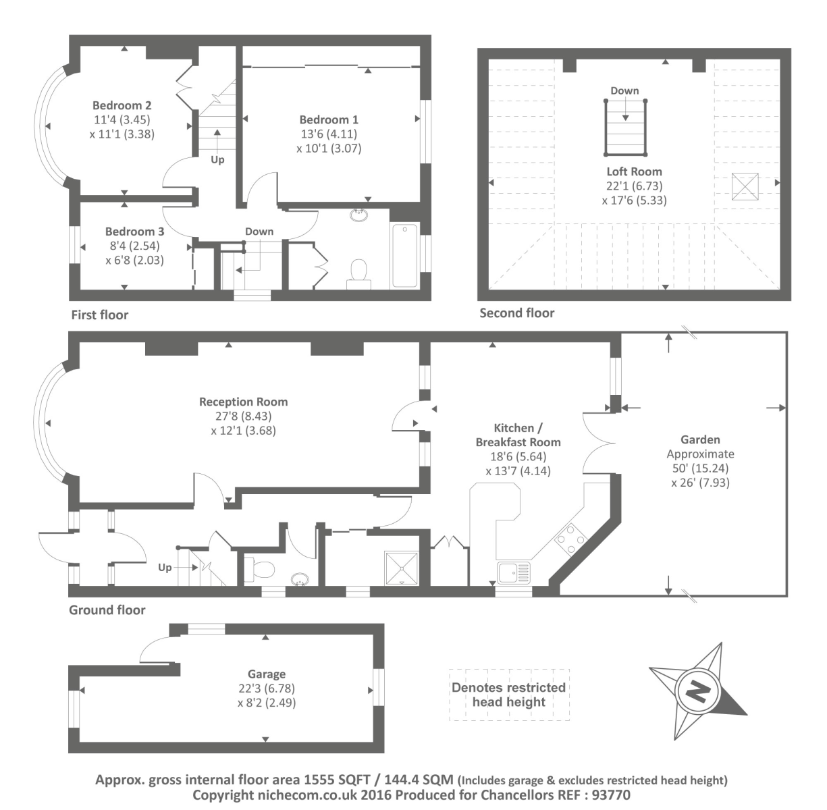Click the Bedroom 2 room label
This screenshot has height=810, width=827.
pyautogui.click(x=122, y=105)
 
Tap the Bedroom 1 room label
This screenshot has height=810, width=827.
pyautogui.click(x=329, y=120)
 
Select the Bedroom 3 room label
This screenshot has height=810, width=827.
pyautogui.click(x=134, y=232)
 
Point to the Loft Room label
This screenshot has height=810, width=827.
pyautogui.click(x=634, y=171)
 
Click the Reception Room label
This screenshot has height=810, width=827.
pyautogui.click(x=243, y=402)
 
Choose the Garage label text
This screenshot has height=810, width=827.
pyautogui.click(x=267, y=674)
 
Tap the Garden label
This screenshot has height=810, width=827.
pyautogui.click(x=700, y=440)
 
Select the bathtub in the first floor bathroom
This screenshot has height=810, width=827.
pyautogui.click(x=404, y=256)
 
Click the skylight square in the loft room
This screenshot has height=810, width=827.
pyautogui.click(x=745, y=186)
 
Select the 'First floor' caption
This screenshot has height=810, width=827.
pyautogui.click(x=99, y=315)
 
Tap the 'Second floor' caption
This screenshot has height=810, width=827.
pyautogui.click(x=516, y=313)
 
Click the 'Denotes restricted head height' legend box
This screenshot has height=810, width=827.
pyautogui.click(x=509, y=695)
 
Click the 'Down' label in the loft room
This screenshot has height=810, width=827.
pyautogui.click(x=624, y=90)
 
